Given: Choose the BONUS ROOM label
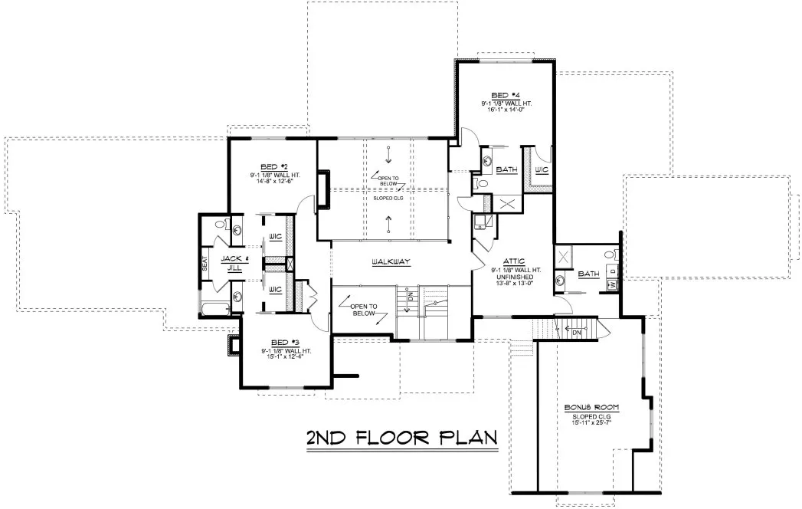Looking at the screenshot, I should click(591, 407).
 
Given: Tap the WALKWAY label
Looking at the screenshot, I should click(391, 262).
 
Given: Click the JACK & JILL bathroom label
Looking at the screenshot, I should click(231, 263).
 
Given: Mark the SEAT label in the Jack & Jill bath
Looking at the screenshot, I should click(205, 264).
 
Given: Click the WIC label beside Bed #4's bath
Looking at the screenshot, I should click(541, 169).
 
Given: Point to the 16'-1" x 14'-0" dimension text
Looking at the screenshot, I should click(506, 110).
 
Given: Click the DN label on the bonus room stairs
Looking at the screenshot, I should click(577, 331).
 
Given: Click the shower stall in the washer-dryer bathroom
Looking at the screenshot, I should click(565, 257).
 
